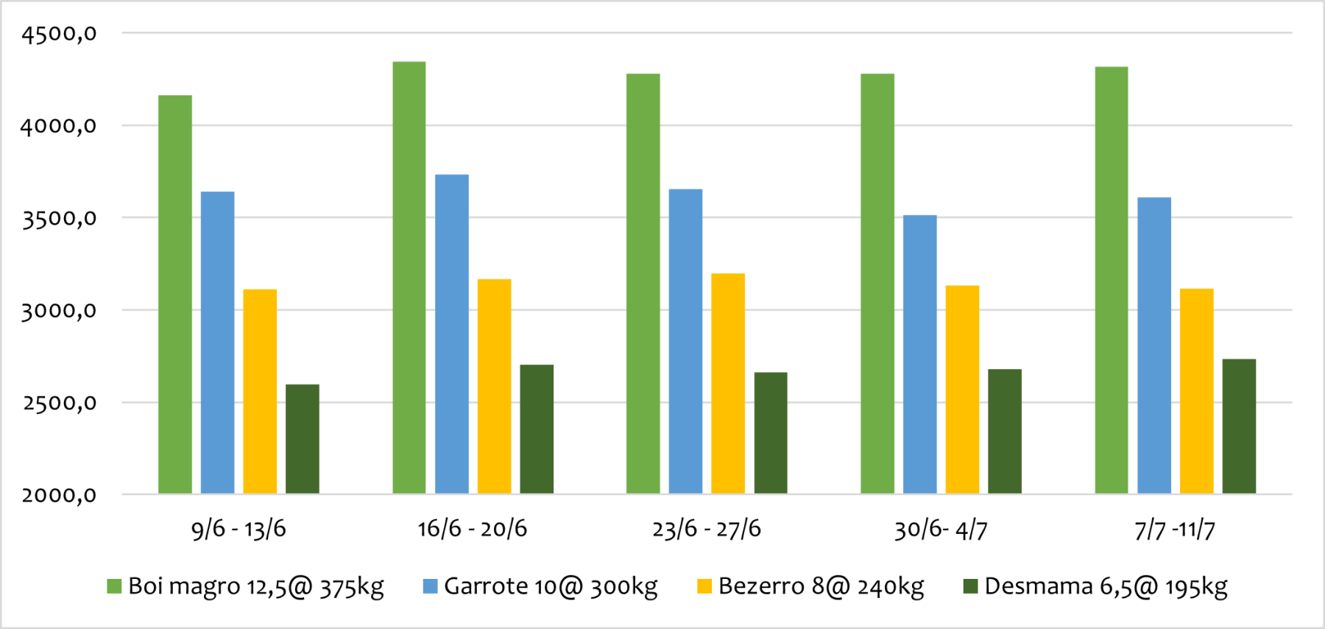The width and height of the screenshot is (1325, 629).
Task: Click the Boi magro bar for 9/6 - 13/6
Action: (x=175, y=295)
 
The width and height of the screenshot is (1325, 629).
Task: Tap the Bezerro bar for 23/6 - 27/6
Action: (x=728, y=383)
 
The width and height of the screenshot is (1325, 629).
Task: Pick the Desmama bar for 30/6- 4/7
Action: (x=1005, y=431)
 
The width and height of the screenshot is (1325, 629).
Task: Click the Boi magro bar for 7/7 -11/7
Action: (x=1112, y=280)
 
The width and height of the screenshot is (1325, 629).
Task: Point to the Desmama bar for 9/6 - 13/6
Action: (x=303, y=439)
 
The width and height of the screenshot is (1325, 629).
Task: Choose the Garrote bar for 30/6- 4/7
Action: (x=920, y=354)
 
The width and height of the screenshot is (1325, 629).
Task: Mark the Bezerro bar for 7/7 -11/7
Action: (x=1197, y=391)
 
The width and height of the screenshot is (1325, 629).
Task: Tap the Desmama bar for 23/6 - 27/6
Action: (x=771, y=433)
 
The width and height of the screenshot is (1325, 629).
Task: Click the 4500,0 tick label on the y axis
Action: (x=59, y=34)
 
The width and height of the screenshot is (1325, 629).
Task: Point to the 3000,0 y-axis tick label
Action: (x=59, y=311)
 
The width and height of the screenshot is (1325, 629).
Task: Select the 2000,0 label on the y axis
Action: (x=59, y=495)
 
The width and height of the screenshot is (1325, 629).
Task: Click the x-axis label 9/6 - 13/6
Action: (x=239, y=529)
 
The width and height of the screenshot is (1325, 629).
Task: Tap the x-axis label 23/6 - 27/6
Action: (x=707, y=529)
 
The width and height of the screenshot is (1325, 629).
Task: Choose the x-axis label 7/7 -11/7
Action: (x=1175, y=529)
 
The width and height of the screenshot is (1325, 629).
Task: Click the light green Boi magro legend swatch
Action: (x=114, y=586)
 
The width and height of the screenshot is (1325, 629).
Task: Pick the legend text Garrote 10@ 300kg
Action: (x=551, y=586)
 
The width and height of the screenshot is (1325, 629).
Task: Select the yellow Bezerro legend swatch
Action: (x=704, y=586)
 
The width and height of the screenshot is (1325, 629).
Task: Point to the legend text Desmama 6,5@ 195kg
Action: (x=1106, y=586)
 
